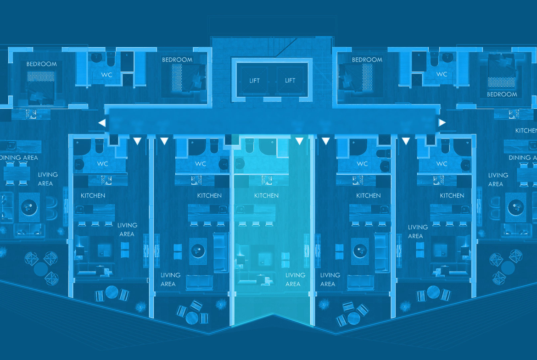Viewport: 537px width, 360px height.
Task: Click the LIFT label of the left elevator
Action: (x=254, y=81)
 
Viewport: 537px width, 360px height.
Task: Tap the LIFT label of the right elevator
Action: (x=290, y=81)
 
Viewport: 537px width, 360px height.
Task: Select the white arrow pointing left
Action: (x=102, y=122)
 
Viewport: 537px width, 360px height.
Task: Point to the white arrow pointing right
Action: (x=442, y=122)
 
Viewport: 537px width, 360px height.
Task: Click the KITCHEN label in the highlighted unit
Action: (x=266, y=196)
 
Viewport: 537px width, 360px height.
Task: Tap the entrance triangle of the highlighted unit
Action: (x=299, y=141)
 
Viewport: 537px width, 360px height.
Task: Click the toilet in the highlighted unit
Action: (x=249, y=145)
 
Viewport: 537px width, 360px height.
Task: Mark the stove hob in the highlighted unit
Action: (x=267, y=181)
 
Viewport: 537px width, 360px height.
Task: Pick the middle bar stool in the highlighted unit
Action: (x=256, y=224)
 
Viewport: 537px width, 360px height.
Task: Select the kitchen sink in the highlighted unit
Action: (x=241, y=210)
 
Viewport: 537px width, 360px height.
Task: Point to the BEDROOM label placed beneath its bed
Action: (x=502, y=94)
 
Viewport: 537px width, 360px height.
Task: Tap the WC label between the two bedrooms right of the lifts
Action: (x=442, y=74)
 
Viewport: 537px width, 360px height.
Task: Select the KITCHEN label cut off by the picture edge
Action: (x=526, y=131)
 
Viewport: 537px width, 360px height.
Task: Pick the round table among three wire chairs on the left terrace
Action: (x=40, y=268)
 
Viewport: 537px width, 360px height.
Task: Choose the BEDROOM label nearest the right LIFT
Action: (x=367, y=60)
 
